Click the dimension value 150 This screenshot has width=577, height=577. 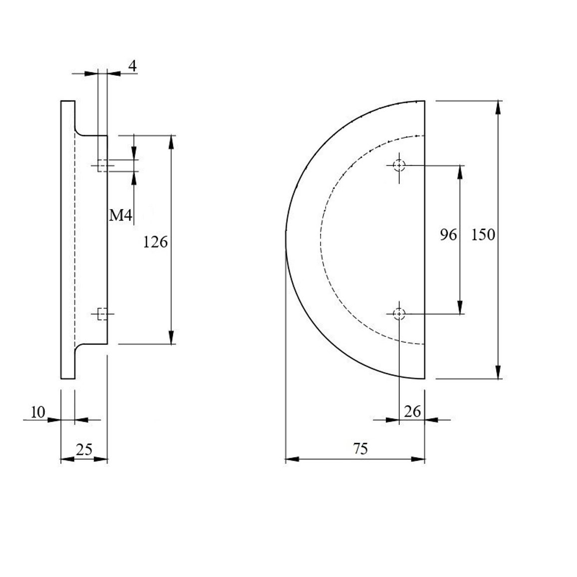point(483,235)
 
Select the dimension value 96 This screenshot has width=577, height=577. point(448,235)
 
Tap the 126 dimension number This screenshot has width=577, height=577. point(155,242)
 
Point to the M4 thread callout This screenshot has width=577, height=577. point(120,215)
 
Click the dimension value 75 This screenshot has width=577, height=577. point(360,449)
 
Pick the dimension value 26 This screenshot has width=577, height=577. point(412,411)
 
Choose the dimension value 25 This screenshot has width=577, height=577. point(84,449)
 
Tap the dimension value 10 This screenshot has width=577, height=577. point(37,412)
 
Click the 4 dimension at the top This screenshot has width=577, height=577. point(132,66)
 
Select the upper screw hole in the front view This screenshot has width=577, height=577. point(399,166)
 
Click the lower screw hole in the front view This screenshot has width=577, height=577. point(399,314)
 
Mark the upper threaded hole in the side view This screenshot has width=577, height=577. point(103,166)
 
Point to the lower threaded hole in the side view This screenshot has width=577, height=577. point(103,314)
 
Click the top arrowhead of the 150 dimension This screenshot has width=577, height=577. point(498,107)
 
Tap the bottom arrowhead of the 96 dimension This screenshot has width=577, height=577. point(460,307)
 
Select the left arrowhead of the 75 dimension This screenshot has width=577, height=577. point(292,459)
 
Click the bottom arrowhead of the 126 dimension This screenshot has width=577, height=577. point(171,337)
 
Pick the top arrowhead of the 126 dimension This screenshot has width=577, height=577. point(171,142)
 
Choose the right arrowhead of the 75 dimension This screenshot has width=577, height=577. point(418,459)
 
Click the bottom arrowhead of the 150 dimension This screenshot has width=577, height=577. point(498,372)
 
